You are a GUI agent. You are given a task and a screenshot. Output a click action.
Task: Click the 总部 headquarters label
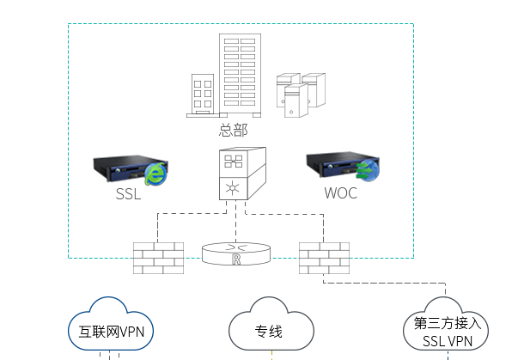pyautogui.click(x=234, y=130)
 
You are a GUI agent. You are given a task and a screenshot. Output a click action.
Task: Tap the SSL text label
pyautogui.click(x=128, y=194)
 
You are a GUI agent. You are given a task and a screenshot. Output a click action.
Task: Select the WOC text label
pyautogui.click(x=340, y=193)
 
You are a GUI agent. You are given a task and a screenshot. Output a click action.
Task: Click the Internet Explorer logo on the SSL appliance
pyautogui.click(x=155, y=174)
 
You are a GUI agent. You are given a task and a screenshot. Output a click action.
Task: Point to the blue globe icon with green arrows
pyautogui.click(x=368, y=170)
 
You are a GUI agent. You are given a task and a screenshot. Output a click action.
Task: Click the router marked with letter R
pyautogui.click(x=236, y=254)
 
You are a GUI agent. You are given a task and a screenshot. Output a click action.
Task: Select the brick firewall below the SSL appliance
pyautogui.click(x=158, y=258)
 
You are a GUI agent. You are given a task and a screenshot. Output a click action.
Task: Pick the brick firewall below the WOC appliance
pyautogui.click(x=324, y=258)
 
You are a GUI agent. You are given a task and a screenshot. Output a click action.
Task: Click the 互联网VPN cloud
pyautogui.click(x=111, y=324)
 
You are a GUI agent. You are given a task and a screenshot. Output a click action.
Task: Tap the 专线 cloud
pyautogui.click(x=271, y=324)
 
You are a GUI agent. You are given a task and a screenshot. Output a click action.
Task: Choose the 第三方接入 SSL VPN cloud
pyautogui.click(x=446, y=324)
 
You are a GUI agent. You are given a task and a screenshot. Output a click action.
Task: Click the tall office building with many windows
pyautogui.click(x=240, y=76)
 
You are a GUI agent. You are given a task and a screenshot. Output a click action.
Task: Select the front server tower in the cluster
pyautogui.click(x=296, y=101)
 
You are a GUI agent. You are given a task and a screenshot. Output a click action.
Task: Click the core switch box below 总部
pyautogui.click(x=242, y=174)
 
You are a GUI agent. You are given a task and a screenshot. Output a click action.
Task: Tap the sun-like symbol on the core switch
pyautogui.click(x=233, y=188)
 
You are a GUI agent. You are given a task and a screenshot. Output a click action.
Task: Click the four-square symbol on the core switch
pyautogui.click(x=234, y=162)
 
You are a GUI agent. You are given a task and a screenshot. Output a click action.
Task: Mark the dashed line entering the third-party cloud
pyautogui.click(x=384, y=284)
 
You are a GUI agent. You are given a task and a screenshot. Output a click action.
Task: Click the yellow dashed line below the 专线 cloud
pyautogui.click(x=271, y=355)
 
